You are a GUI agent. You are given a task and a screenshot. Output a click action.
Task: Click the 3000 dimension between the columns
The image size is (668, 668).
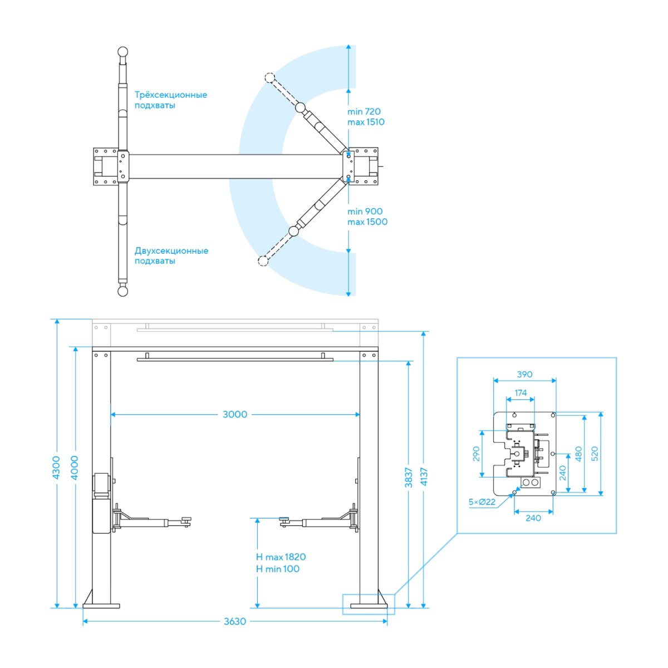pos(235,414)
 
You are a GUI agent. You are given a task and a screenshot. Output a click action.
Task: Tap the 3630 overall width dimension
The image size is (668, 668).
pos(235,621)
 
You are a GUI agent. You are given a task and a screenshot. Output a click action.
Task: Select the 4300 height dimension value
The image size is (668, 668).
pos(56,468)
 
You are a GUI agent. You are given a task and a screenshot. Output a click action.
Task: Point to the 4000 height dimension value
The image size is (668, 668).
pos(74,468)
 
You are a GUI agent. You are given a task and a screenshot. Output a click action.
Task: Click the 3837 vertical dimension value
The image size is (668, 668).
pos(409,477)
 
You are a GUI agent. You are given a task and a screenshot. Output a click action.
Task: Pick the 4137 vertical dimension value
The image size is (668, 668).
pos(424,477)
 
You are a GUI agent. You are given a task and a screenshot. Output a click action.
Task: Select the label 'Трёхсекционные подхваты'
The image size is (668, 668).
pos(170,100)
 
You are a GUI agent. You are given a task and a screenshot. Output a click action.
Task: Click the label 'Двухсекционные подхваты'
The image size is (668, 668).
pos(171,256)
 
